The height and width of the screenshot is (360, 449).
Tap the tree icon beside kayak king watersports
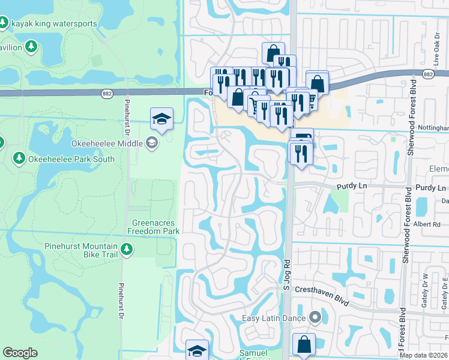(3, 23)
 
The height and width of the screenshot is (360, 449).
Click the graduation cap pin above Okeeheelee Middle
(161, 118)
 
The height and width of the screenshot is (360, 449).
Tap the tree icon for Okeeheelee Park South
(19, 158)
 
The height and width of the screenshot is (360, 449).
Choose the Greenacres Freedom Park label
(155, 227)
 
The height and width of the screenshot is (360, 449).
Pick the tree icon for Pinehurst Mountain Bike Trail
(126, 248)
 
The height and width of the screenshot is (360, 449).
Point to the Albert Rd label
(427, 224)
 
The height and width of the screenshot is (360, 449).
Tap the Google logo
(20, 353)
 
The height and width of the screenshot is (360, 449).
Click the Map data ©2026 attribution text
(423, 355)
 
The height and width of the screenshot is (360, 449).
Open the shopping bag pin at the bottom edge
(304, 345)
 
